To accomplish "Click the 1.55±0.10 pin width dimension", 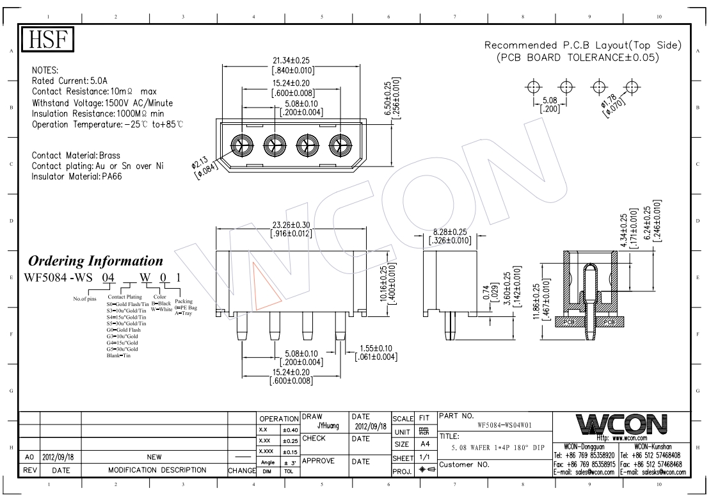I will [376, 348].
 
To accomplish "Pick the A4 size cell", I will [423, 444].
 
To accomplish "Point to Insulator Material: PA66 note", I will [77, 176].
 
